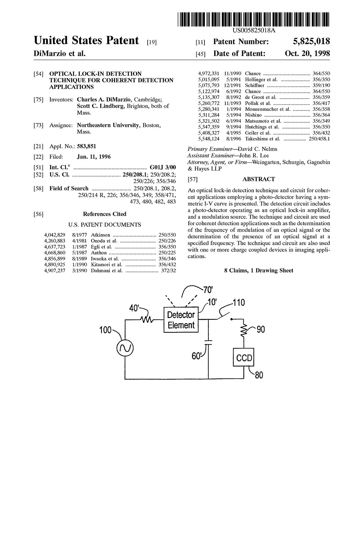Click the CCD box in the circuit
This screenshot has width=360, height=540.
243,357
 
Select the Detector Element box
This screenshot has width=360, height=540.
181,320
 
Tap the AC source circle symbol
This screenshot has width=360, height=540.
125,348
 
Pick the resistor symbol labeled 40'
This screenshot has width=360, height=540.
147,320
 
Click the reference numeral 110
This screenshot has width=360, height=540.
238,302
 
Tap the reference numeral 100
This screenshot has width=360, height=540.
105,330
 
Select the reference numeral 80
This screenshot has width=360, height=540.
259,375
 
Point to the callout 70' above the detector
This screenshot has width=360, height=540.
208,289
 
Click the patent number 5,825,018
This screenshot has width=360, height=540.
311,41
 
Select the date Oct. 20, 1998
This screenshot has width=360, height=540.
307,53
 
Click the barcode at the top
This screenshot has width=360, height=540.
253,19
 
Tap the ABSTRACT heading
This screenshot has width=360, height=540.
258,179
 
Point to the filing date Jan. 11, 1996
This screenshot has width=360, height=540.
94,157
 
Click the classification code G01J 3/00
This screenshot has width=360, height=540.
163,167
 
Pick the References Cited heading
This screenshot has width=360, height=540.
105,214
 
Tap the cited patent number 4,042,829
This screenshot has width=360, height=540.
54,235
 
